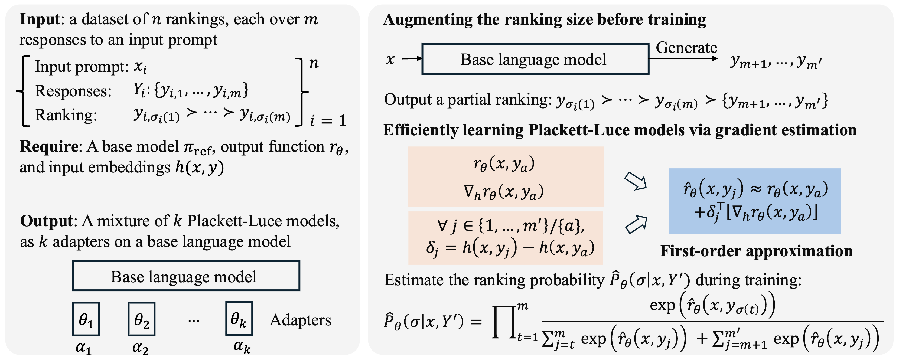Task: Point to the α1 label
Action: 84,348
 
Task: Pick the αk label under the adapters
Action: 242,346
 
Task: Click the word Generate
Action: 686,47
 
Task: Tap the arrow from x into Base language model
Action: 412,59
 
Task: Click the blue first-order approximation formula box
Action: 754,201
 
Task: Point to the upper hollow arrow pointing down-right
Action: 636,181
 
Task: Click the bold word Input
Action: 40,19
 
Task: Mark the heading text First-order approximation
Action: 756,251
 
